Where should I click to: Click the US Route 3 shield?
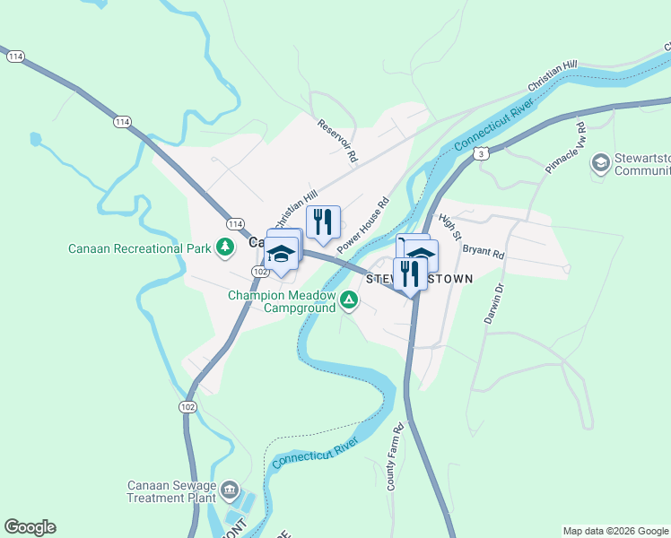pyautogui.click(x=482, y=154)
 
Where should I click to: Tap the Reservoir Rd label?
pyautogui.click(x=337, y=140)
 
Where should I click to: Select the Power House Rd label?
pyautogui.click(x=362, y=223)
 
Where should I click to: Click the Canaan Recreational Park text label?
pyautogui.click(x=139, y=248)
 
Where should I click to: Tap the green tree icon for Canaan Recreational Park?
pyautogui.click(x=225, y=247)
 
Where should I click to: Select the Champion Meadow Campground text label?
pyautogui.click(x=281, y=301)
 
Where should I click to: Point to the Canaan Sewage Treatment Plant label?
pyautogui.click(x=171, y=491)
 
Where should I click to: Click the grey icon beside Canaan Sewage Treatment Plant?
pyautogui.click(x=231, y=490)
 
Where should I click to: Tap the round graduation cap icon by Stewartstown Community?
pyautogui.click(x=599, y=163)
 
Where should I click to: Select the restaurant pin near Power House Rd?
pyautogui.click(x=323, y=221)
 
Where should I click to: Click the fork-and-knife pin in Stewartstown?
pyautogui.click(x=409, y=273)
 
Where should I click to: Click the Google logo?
pyautogui.click(x=30, y=527)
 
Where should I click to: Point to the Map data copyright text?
pyautogui.click(x=615, y=531)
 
